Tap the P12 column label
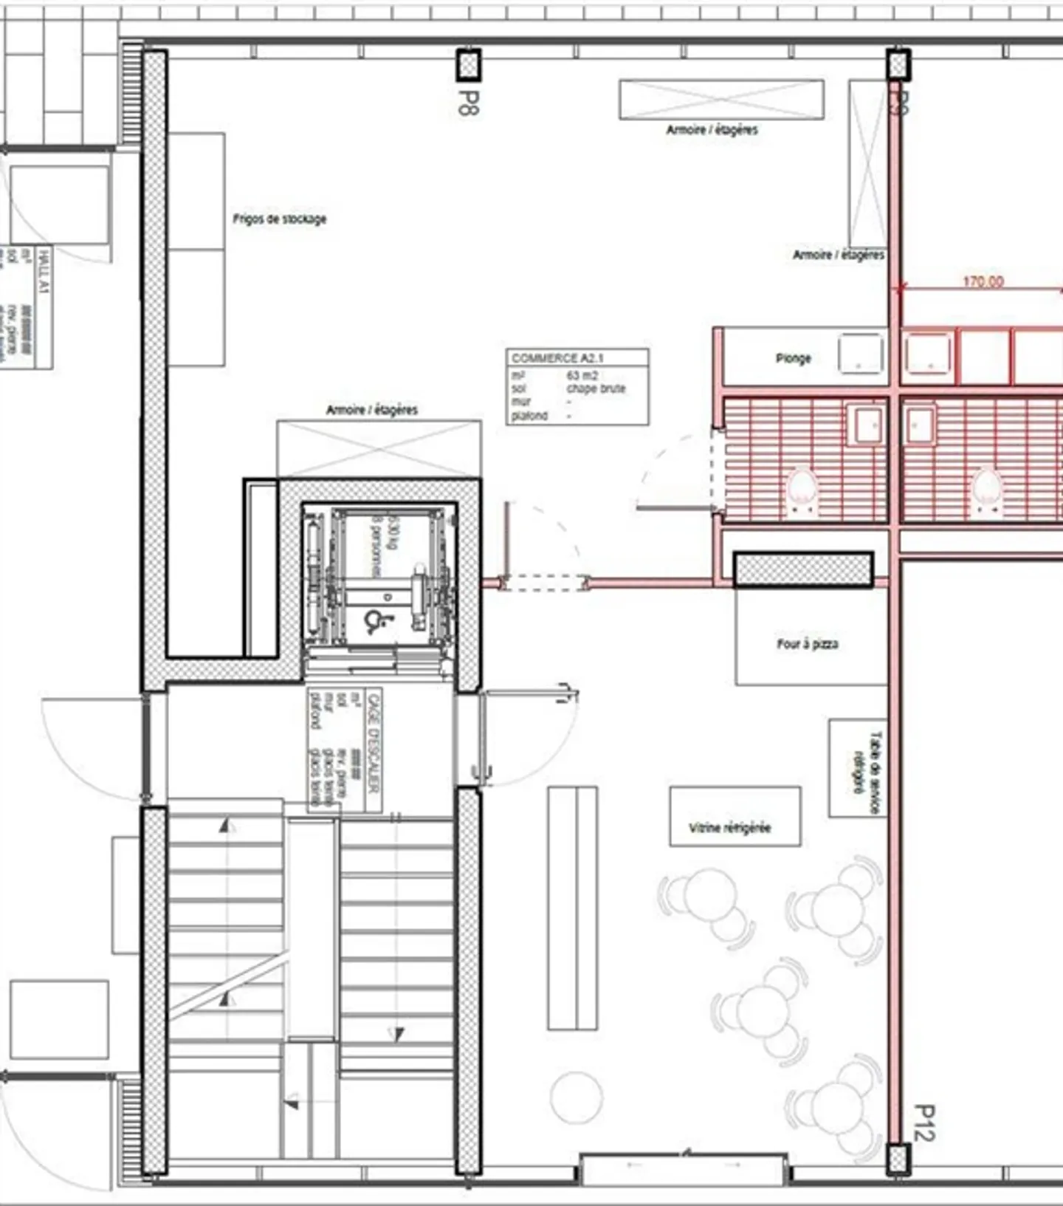click(x=923, y=1123)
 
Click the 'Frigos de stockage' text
click(x=279, y=219)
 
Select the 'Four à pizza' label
click(x=807, y=644)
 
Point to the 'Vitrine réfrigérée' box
click(x=735, y=817)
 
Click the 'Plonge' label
click(x=793, y=358)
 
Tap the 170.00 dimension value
click(x=983, y=281)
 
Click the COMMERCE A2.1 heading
click(x=557, y=358)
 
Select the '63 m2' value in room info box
click(x=582, y=375)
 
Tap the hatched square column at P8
click(x=468, y=65)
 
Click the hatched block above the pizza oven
click(x=803, y=569)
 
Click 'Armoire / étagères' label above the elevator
click(x=372, y=410)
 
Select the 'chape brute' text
click(x=596, y=388)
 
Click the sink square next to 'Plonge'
click(x=861, y=354)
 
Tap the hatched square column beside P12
click(x=898, y=1159)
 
